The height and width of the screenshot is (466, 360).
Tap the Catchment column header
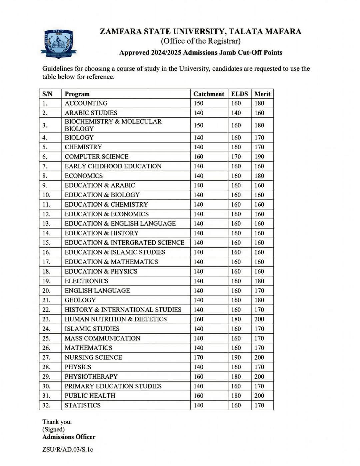pos(209,94)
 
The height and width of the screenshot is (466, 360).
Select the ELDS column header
pos(239,94)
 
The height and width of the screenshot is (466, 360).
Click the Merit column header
pos(262,94)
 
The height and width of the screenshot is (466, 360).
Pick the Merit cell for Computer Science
pos(259,157)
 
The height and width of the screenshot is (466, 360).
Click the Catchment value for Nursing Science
pos(198,357)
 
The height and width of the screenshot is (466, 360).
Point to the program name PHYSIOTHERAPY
pos(91,377)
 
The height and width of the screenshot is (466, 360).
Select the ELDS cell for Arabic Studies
pos(236,113)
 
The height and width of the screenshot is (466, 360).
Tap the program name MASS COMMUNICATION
pos(102,338)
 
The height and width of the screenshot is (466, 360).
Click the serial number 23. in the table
pos(46,319)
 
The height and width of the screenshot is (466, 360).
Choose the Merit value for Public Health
pos(259,396)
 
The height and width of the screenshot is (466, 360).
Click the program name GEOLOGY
pos(80,300)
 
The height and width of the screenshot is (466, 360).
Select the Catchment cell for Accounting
pos(198,103)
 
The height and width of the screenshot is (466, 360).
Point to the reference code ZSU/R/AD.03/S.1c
pos(68,450)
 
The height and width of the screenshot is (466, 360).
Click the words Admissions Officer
pos(69,437)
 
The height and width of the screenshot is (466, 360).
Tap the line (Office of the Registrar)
pos(200,41)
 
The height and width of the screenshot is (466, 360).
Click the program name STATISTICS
pos(82,405)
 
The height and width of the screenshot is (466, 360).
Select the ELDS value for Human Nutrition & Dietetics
pos(236,319)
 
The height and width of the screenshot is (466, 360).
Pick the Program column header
pos(77,94)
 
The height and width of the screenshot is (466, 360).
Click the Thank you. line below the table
pos(57,422)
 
